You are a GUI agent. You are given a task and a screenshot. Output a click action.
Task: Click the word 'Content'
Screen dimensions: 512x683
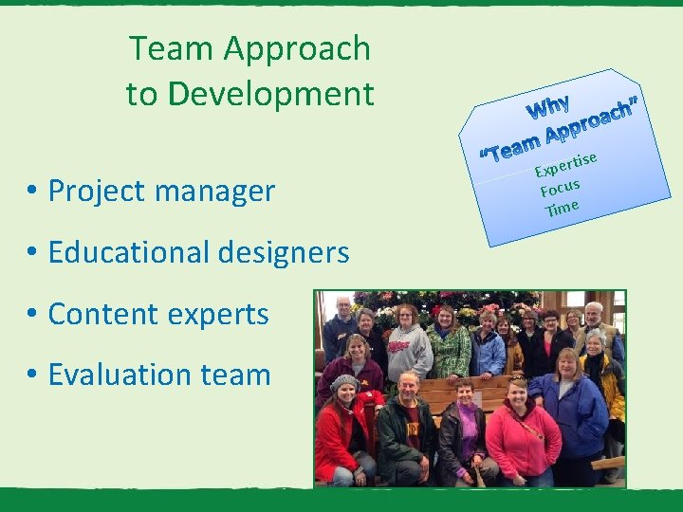tap(104, 315)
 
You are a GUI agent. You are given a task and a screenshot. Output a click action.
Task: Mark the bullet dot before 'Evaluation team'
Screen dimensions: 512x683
tap(32, 375)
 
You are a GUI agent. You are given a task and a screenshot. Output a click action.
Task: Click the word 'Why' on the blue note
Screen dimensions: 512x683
tap(549, 107)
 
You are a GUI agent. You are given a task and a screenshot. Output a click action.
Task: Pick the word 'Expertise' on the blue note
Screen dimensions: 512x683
tap(565, 165)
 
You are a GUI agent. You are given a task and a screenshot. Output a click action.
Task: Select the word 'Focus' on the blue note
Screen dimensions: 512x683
tap(560, 187)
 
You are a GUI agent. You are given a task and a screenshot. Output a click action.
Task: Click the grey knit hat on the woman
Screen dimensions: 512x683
tap(343, 382)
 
